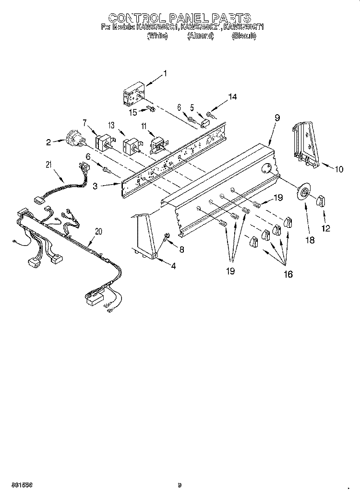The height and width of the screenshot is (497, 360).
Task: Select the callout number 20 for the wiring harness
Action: [x=98, y=231]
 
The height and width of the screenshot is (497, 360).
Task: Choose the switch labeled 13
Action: [x=131, y=146]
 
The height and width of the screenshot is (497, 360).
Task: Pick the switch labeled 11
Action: [x=157, y=144]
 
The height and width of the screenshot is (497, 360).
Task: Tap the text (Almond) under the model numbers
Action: [x=200, y=35]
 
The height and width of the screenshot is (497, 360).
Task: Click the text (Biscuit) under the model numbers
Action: [x=243, y=35]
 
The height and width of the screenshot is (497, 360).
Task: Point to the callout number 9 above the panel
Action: [x=277, y=117]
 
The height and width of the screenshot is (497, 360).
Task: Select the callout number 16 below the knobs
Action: [x=288, y=274]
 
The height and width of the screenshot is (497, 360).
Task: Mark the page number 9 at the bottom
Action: [x=179, y=485]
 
